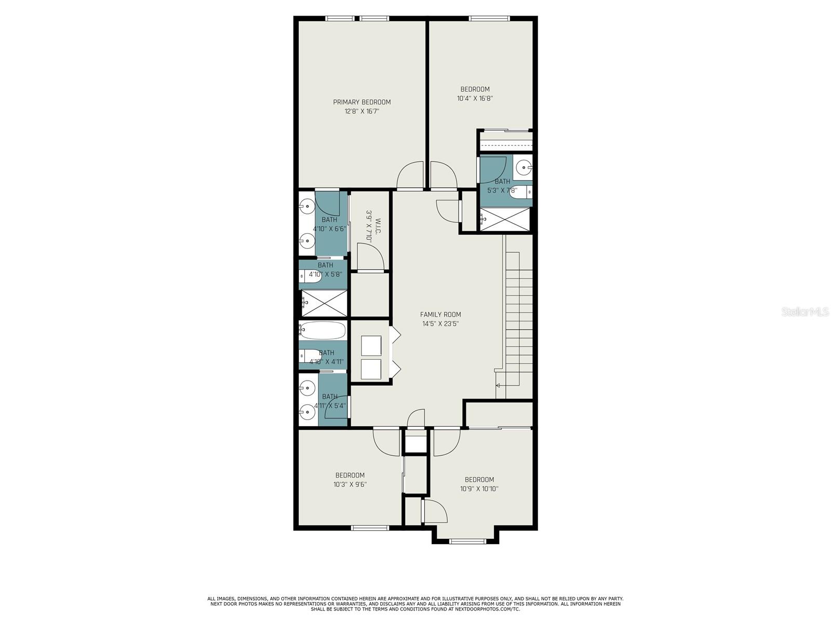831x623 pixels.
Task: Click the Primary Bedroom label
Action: pyautogui.click(x=361, y=102)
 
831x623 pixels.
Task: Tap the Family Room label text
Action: pyautogui.click(x=440, y=314)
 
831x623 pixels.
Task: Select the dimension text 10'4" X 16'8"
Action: pyautogui.click(x=475, y=98)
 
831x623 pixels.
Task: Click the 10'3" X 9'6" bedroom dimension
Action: pyautogui.click(x=350, y=484)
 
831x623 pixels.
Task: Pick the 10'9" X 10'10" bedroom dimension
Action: pyautogui.click(x=479, y=489)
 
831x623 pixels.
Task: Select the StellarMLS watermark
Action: pyautogui.click(x=805, y=312)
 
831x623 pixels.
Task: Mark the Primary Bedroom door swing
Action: pyautogui.click(x=410, y=175)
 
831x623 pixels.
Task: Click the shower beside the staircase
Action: pyautogui.click(x=506, y=219)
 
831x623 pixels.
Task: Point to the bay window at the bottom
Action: pyautogui.click(x=467, y=541)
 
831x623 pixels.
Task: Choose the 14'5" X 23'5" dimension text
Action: pyautogui.click(x=440, y=324)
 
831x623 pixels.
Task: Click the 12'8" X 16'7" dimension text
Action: pyautogui.click(x=361, y=111)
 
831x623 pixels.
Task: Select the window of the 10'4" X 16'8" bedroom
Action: pyautogui.click(x=489, y=18)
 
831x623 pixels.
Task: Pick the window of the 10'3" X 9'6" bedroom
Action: pyautogui.click(x=370, y=527)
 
